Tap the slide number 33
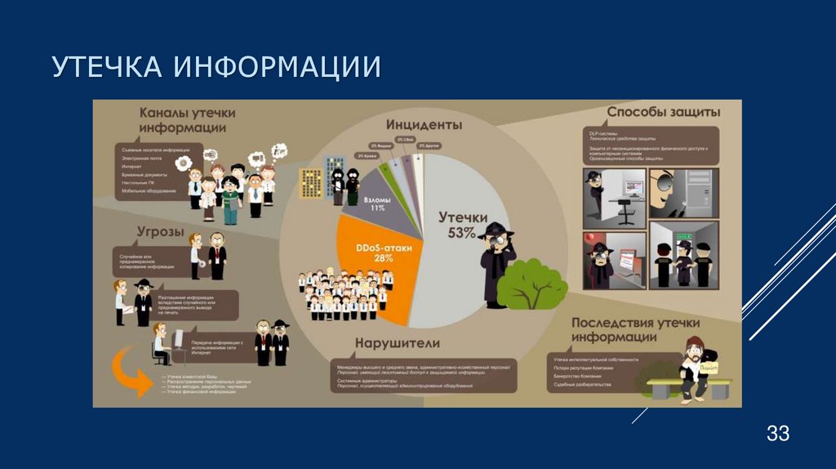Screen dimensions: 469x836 click(777, 434)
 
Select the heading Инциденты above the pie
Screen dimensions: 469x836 click(424, 125)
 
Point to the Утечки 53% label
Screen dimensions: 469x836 click(462, 224)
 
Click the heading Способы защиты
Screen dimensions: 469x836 click(663, 111)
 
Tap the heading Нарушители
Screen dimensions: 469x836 click(398, 342)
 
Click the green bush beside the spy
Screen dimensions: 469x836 click(532, 282)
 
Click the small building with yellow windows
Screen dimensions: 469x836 click(311, 185)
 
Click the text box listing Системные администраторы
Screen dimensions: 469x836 click(423, 376)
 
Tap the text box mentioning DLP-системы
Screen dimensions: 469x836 click(651, 145)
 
